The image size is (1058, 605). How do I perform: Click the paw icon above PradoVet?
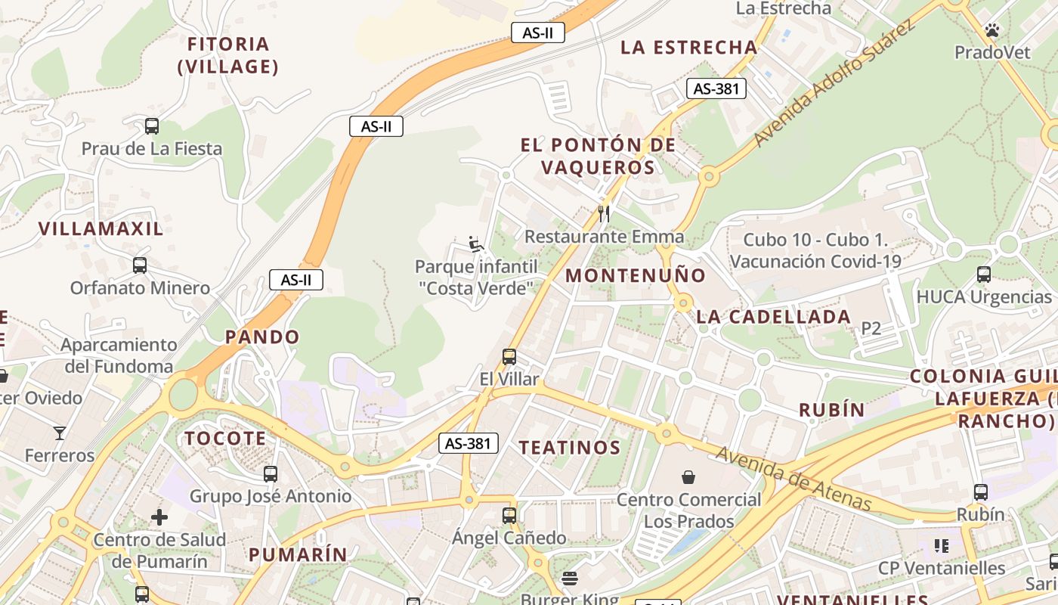(991, 30)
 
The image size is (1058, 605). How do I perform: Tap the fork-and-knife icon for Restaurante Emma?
(603, 214)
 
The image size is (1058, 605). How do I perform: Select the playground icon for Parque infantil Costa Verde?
(475, 244)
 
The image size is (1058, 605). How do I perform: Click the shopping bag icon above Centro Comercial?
(688, 477)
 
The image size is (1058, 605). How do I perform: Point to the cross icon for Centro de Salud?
(159, 517)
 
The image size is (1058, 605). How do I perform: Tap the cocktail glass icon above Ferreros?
(60, 433)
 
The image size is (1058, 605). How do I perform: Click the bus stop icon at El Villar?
(509, 356)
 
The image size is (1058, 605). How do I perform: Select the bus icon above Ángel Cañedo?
(509, 516)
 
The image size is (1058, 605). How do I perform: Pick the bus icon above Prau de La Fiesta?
(152, 126)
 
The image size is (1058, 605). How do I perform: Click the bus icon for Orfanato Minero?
(140, 265)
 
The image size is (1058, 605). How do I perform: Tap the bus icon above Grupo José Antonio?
(271, 474)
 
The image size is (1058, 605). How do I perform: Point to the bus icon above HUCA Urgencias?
(983, 275)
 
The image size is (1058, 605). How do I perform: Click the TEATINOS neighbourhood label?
(570, 448)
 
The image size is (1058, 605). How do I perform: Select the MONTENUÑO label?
(636, 276)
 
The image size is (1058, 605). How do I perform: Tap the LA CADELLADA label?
(773, 317)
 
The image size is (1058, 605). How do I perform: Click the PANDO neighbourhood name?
(262, 337)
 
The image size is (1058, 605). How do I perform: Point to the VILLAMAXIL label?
(101, 229)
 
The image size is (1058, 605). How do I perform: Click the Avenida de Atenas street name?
(793, 479)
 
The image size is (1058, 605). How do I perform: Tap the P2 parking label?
(871, 328)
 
